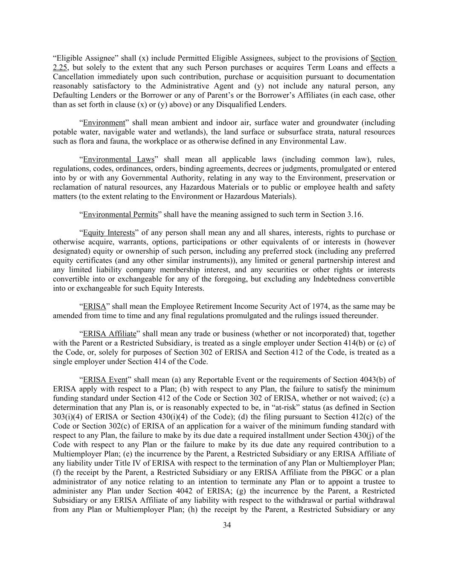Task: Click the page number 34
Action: click(x=226, y=525)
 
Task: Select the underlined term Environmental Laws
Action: click(x=119, y=159)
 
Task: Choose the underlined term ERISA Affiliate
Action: click(x=110, y=334)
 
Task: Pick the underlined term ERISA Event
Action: click(x=105, y=380)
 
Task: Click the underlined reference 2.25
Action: click(x=60, y=67)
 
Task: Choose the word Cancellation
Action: click(x=73, y=77)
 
